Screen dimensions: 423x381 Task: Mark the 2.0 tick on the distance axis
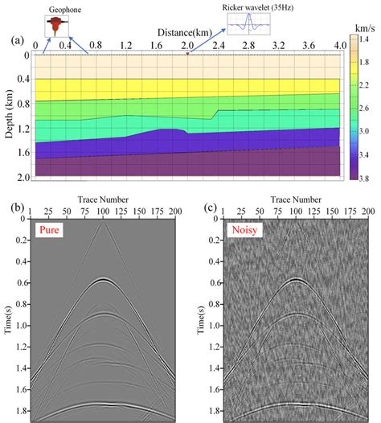(x=188, y=45)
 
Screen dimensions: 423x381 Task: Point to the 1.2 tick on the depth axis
(x=23, y=127)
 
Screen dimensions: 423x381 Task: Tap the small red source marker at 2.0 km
(x=188, y=53)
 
